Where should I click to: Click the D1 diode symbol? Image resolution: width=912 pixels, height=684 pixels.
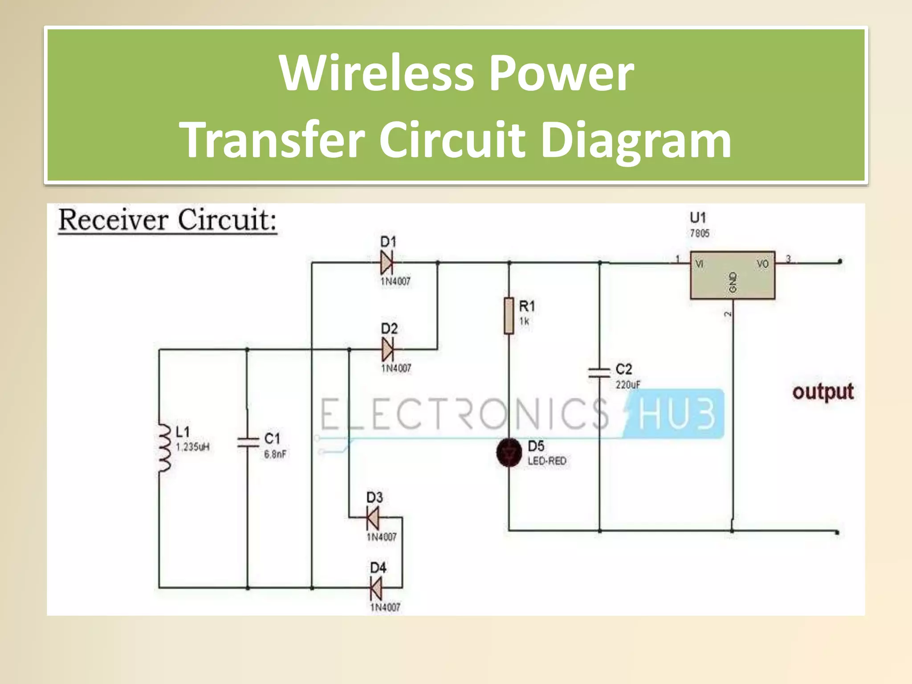click(x=387, y=262)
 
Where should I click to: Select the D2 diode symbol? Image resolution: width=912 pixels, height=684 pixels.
click(x=387, y=350)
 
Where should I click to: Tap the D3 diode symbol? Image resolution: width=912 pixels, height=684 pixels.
click(x=373, y=517)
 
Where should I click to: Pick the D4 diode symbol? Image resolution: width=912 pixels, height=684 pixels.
click(x=377, y=588)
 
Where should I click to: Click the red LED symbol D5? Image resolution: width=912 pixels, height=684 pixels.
click(x=509, y=452)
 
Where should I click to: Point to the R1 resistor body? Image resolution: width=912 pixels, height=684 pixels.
click(x=509, y=316)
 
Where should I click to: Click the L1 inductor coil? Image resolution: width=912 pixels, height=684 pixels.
click(x=164, y=448)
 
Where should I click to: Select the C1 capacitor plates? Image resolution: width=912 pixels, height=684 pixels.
click(x=248, y=442)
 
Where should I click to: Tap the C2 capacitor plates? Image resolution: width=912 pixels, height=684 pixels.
click(x=599, y=373)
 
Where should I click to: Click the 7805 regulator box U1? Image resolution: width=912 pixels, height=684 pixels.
click(x=733, y=275)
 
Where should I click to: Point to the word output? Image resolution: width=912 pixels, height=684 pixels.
click(x=823, y=392)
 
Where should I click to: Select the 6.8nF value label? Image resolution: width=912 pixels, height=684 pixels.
click(x=275, y=455)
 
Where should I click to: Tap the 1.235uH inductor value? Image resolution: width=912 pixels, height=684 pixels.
click(x=192, y=447)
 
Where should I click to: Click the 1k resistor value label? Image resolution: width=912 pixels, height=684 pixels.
click(x=524, y=321)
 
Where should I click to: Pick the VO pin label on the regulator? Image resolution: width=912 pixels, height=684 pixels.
click(x=762, y=264)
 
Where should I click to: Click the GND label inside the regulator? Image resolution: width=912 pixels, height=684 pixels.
click(x=733, y=283)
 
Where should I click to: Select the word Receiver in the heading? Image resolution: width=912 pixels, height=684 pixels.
click(x=114, y=220)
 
